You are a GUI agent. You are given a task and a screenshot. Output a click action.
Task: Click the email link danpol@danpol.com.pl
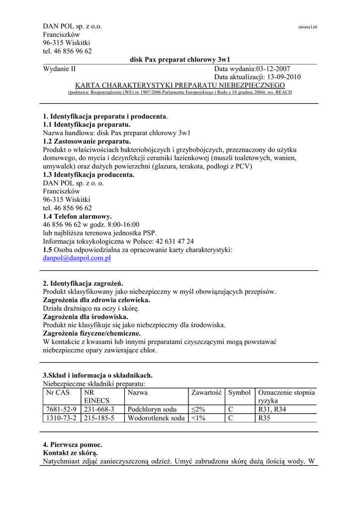(77, 258)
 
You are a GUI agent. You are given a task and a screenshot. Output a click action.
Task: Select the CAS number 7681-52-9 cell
(61, 410)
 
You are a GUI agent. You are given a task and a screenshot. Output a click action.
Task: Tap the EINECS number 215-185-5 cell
(99, 419)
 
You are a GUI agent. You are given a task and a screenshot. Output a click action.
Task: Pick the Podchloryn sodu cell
(152, 410)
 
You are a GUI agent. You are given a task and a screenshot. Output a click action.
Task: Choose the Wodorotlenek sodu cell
(156, 419)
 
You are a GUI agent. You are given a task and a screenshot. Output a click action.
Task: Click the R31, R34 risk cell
(272, 410)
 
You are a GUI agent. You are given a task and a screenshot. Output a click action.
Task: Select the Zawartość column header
(206, 393)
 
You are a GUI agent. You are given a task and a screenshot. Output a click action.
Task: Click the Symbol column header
(239, 393)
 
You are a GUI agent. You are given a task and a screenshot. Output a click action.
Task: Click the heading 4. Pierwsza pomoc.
(73, 444)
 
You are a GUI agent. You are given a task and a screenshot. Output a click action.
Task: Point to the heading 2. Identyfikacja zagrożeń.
(83, 283)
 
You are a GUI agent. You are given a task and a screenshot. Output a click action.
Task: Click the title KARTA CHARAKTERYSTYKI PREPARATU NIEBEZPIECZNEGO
(180, 85)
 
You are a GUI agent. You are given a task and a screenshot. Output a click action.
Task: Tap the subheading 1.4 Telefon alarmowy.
(78, 217)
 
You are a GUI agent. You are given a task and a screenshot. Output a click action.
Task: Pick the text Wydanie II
(60, 69)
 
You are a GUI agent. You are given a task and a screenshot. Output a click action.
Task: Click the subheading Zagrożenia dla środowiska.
(86, 317)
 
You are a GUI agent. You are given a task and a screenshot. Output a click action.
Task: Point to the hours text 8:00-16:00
(122, 225)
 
